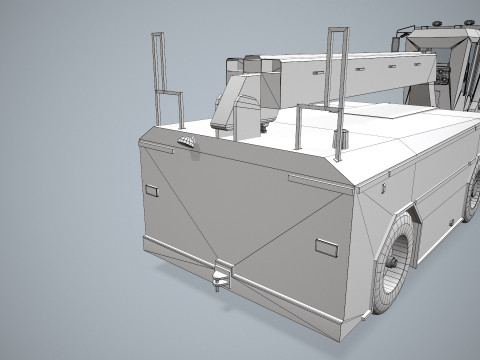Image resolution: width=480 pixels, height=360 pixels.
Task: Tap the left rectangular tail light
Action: point(152,190)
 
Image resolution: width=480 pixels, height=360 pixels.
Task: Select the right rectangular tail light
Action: point(326,246)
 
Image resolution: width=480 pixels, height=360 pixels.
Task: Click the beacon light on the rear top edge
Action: point(187,142)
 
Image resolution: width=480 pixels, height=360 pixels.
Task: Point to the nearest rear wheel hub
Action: point(398,257)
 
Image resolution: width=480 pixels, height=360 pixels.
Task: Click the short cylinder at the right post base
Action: point(338,139)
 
